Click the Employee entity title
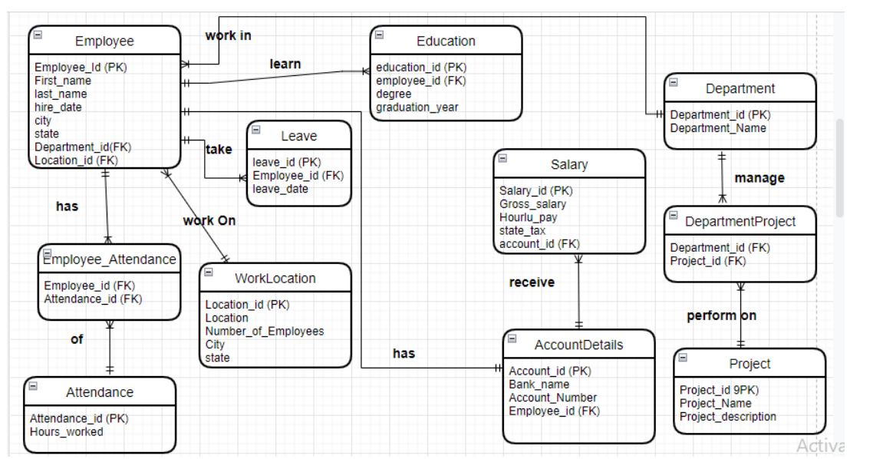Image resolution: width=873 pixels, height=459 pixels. point(104,41)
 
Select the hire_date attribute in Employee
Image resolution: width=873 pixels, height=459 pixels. point(58,107)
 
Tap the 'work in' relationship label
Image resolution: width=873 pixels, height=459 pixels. point(228,35)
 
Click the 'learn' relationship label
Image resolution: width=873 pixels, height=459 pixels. point(285,64)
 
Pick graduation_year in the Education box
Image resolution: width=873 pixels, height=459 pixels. point(417,107)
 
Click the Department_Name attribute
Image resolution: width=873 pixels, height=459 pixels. point(717,128)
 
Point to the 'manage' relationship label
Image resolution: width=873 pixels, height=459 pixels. point(759,178)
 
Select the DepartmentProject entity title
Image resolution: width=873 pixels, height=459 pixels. point(740,222)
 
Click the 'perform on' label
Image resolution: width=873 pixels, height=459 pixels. point(721,315)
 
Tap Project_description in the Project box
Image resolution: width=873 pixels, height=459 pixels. point(727,417)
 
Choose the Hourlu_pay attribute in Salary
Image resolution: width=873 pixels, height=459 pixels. point(528,217)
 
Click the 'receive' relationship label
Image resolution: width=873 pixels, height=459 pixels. point(531,282)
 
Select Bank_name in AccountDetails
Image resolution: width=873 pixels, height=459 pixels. point(539,384)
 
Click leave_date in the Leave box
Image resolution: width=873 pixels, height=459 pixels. point(280,189)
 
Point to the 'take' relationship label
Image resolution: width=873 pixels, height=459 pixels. point(219,150)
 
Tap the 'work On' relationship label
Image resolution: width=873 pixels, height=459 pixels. point(209,221)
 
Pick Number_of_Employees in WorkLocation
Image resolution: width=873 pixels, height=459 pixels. point(264,331)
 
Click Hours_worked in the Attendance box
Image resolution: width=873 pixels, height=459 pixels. point(66,431)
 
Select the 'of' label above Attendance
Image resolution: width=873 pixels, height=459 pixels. point(77,339)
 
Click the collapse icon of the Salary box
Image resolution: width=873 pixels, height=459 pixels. point(502,159)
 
